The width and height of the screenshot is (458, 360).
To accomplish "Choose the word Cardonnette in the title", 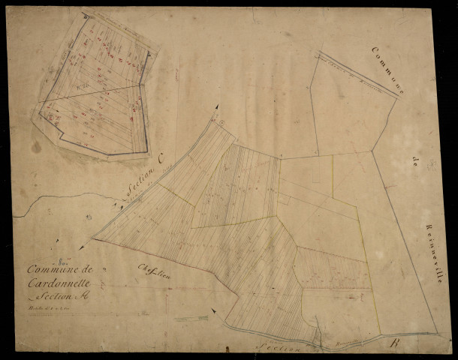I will pyautogui.click(x=59, y=282).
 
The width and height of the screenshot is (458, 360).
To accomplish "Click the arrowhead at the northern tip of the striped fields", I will pyautogui.click(x=218, y=108).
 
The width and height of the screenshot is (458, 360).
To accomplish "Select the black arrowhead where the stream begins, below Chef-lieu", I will pyautogui.click(x=212, y=310).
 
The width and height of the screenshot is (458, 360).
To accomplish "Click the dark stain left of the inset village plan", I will pyautogui.click(x=36, y=147).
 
